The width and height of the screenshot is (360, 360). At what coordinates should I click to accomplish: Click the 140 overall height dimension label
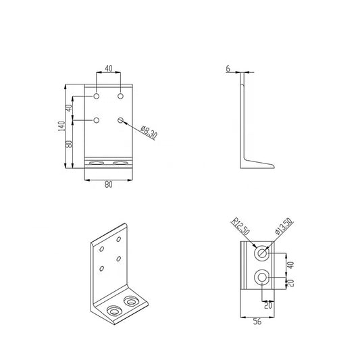click(61, 126)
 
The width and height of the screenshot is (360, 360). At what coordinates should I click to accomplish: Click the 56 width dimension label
click(258, 322)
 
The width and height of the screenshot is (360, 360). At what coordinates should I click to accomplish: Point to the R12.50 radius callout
click(240, 226)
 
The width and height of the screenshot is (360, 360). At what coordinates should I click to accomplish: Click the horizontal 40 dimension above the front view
click(108, 69)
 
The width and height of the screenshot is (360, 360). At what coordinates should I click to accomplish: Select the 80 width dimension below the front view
click(108, 186)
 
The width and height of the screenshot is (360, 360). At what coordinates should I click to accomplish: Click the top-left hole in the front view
click(97, 97)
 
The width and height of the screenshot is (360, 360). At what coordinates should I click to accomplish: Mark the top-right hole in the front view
click(121, 97)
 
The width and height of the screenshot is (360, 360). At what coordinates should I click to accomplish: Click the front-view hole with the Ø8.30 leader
click(121, 121)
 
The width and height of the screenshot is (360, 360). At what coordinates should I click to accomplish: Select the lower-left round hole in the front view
click(97, 121)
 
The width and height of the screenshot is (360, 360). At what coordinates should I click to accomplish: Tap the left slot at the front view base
click(98, 163)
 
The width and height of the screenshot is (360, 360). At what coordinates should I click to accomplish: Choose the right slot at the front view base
click(121, 163)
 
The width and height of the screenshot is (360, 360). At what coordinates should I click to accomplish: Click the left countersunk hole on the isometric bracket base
click(114, 310)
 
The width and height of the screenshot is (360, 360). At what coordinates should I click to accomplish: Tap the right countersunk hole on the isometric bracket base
click(130, 298)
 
